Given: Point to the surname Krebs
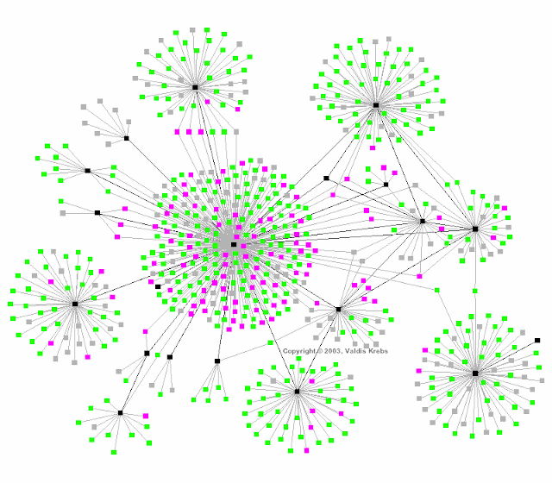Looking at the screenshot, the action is [x=379, y=352].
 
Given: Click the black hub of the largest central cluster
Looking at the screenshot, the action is [x=234, y=245].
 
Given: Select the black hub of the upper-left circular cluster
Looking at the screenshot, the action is [x=195, y=87].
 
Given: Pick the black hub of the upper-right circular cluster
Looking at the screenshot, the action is [x=376, y=105].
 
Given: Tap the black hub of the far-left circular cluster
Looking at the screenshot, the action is [x=75, y=304].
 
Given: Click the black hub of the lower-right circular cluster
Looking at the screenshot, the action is [x=475, y=373].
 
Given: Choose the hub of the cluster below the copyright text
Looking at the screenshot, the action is [x=297, y=392].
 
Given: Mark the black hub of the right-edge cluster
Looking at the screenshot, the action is [x=475, y=229].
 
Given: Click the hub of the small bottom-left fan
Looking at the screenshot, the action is [x=121, y=413].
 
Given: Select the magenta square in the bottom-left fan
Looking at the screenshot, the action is [x=146, y=417].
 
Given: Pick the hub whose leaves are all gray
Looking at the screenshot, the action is [x=126, y=138].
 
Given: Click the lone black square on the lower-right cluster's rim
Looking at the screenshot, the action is [x=537, y=341].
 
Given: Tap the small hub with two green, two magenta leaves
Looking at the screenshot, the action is [x=386, y=185].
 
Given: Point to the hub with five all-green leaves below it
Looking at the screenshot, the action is [x=217, y=361].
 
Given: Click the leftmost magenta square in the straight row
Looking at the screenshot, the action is [x=178, y=132].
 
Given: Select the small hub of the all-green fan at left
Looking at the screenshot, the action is [x=87, y=171].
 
